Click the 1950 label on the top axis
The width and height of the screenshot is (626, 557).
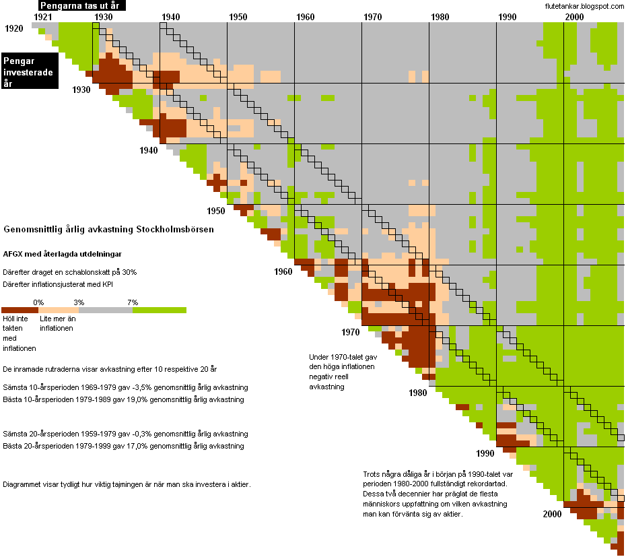point(238,16)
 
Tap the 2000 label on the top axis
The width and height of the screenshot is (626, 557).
point(574,16)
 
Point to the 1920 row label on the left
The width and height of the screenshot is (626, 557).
point(14,29)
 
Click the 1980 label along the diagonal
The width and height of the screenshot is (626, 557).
point(417,393)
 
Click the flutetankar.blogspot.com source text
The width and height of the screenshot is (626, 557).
point(584,6)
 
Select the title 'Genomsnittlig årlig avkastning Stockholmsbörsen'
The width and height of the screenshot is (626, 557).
point(109,229)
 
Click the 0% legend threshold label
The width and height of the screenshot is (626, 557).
point(38,302)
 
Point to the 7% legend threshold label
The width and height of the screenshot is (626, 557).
point(133,302)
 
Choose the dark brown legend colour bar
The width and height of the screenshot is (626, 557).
point(20,310)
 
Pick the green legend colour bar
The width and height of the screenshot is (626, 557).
point(160,310)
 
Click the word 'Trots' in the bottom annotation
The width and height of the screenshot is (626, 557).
point(374,473)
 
